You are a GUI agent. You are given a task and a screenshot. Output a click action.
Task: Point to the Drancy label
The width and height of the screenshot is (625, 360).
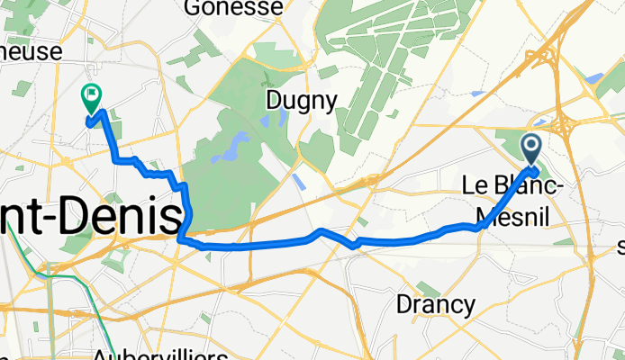[x=436, y=305]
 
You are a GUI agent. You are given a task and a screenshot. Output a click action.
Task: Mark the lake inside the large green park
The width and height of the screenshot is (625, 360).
[x=238, y=145]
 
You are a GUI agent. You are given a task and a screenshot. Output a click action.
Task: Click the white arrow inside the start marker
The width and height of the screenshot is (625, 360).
[x=530, y=145]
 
